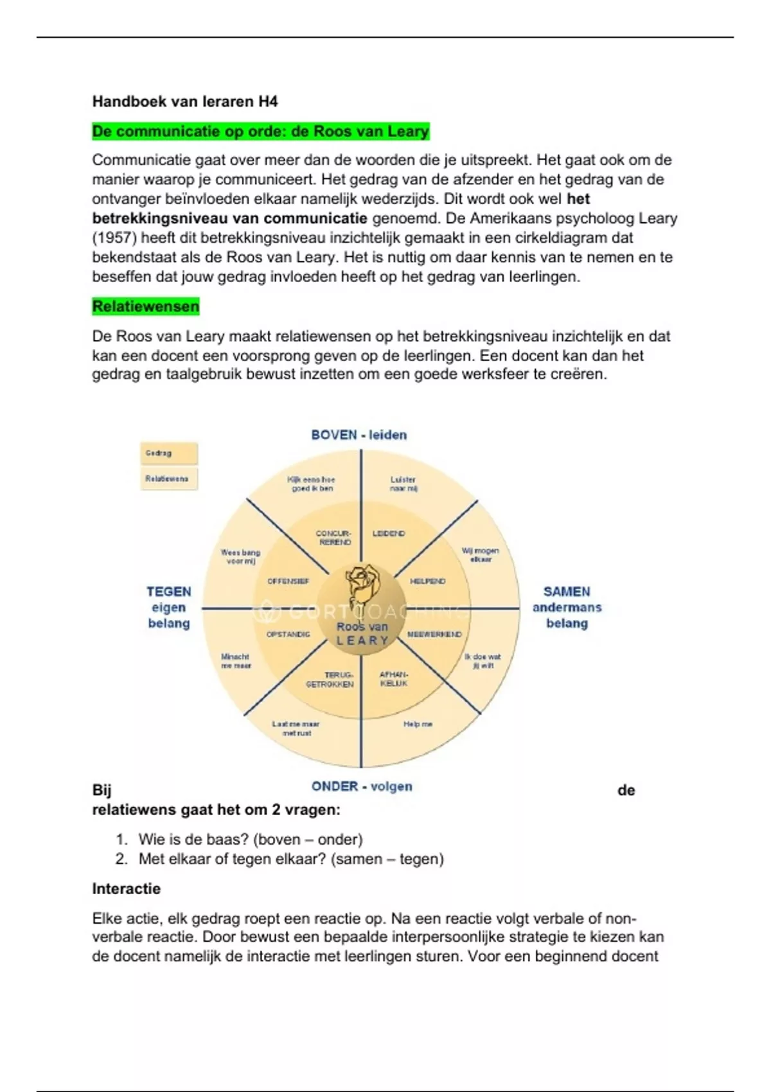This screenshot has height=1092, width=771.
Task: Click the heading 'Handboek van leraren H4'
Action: click(x=185, y=101)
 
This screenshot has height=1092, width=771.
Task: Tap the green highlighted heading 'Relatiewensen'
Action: click(x=146, y=306)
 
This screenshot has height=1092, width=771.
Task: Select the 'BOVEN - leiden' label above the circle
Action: click(x=359, y=435)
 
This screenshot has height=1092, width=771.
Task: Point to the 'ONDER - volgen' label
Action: click(x=362, y=786)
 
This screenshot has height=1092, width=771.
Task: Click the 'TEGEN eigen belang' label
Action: click(x=169, y=607)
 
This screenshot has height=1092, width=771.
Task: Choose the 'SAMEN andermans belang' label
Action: click(x=567, y=607)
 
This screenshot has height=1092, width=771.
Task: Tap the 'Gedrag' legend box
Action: click(x=168, y=454)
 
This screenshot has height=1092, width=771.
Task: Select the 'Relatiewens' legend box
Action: click(x=168, y=479)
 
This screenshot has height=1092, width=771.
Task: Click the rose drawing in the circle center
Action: click(x=362, y=586)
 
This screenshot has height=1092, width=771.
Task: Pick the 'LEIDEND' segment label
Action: click(x=389, y=534)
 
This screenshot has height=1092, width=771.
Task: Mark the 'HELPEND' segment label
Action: click(x=427, y=581)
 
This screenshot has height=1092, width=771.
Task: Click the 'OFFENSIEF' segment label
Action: click(x=288, y=581)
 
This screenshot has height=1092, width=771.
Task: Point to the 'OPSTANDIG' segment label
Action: click(x=288, y=635)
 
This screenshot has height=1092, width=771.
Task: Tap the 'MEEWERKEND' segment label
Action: click(x=434, y=635)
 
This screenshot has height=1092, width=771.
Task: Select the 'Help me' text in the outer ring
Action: click(x=418, y=724)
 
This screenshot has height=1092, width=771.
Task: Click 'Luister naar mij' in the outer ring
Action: click(x=403, y=484)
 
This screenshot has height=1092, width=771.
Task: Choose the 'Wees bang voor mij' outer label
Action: click(x=240, y=556)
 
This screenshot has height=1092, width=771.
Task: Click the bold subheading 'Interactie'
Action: click(x=127, y=889)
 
